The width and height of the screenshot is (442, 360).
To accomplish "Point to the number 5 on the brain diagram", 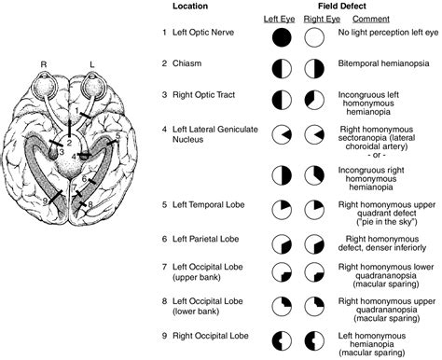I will (118, 135).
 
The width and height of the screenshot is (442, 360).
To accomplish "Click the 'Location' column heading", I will (192, 7).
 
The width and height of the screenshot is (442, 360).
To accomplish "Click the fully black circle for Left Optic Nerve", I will (282, 38).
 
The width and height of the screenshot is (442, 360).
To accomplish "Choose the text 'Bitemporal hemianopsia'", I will (382, 68).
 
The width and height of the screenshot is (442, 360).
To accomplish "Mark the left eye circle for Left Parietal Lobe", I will (282, 242).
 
